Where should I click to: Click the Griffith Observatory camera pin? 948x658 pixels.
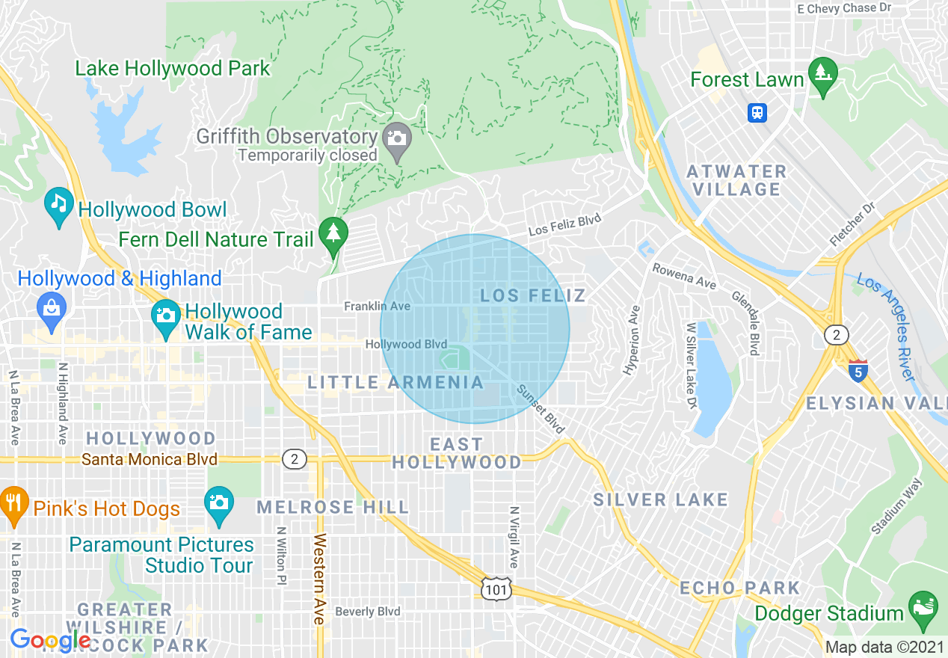397,140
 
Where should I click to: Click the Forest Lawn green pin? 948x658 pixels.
823,74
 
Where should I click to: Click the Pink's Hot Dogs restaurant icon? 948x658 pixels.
13,502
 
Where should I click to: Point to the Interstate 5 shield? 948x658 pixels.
858,370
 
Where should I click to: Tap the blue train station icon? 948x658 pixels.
757,113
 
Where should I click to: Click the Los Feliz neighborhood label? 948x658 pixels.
533,295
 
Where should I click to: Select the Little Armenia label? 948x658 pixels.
396,383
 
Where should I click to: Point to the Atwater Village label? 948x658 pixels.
736,180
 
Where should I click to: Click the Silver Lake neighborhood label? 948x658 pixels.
660,499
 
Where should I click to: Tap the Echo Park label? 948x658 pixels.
739,588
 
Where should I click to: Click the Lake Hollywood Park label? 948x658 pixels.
173,69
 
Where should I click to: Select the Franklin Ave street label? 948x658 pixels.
377,307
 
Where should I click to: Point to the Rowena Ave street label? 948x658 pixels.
683,276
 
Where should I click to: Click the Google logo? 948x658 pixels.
49,640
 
